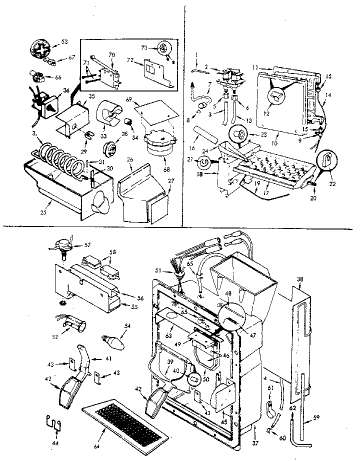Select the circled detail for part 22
coord(325,160)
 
